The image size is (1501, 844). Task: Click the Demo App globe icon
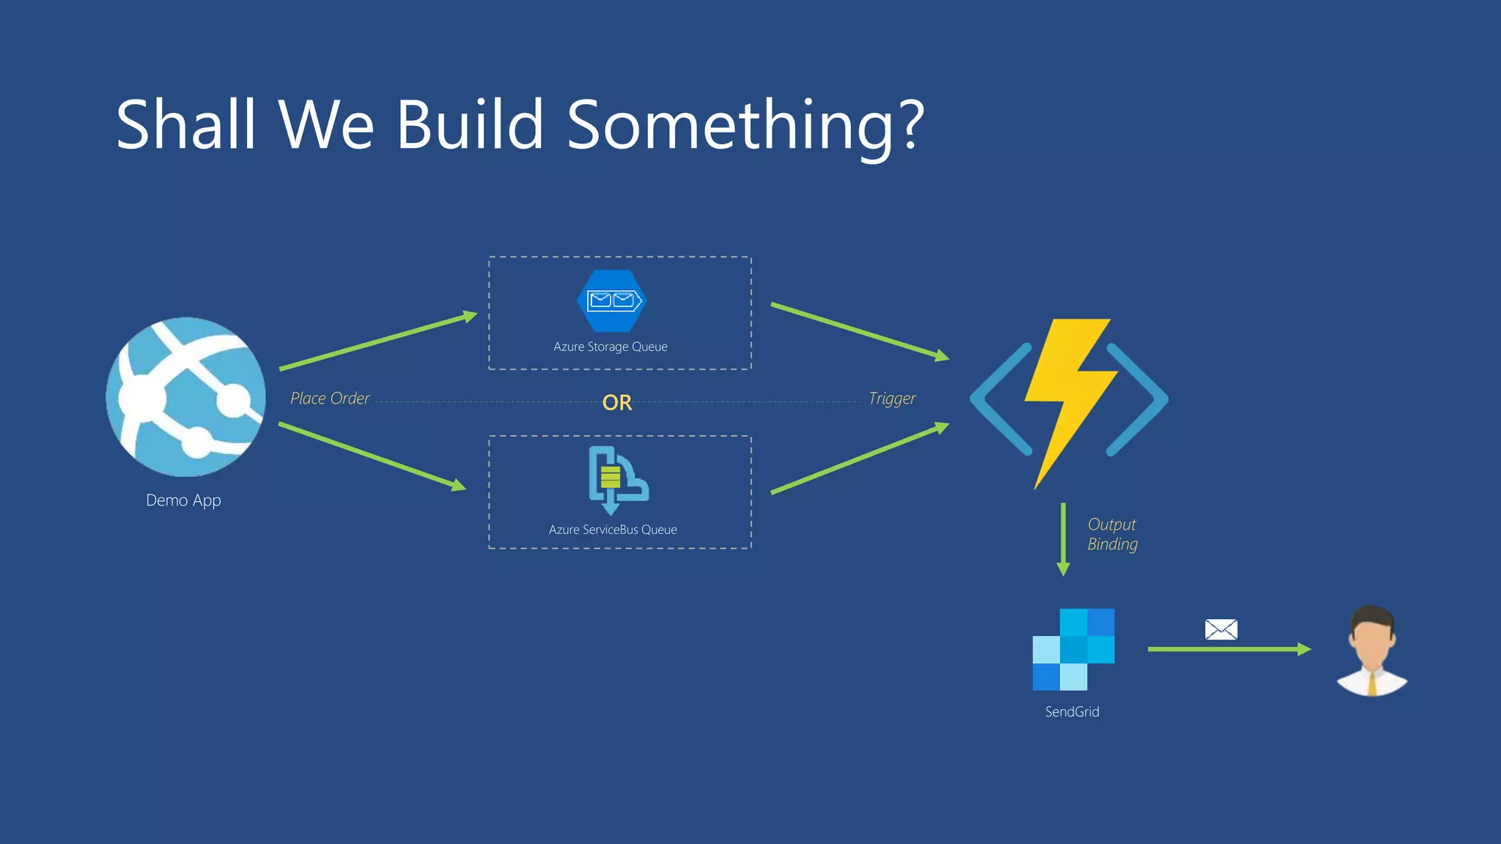tap(185, 397)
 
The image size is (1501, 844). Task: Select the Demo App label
tap(183, 500)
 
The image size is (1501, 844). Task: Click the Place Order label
tap(330, 399)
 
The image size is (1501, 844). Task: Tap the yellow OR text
tap(616, 402)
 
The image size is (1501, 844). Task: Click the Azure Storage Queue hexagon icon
tap(612, 301)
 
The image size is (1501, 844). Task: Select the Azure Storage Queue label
tap(610, 347)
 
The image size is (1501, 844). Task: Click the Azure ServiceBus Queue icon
tap(616, 478)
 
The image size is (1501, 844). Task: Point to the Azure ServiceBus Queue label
tap(613, 530)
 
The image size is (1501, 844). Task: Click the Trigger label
tap(892, 399)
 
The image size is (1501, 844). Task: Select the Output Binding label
tap(1112, 534)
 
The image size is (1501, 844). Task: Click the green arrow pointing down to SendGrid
tap(1063, 538)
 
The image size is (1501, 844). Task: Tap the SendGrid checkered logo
tap(1073, 649)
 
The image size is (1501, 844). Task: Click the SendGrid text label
tap(1072, 711)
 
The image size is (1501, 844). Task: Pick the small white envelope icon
tap(1221, 629)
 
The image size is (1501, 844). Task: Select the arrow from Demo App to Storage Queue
tap(377, 342)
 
